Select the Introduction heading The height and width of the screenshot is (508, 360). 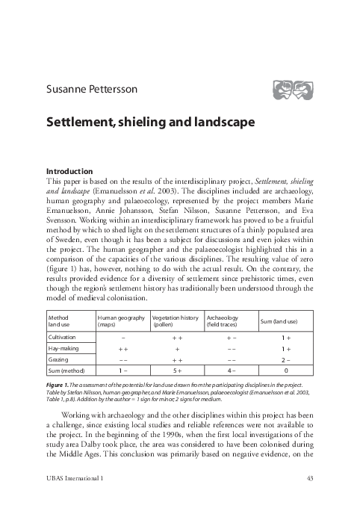coord(69,170)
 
